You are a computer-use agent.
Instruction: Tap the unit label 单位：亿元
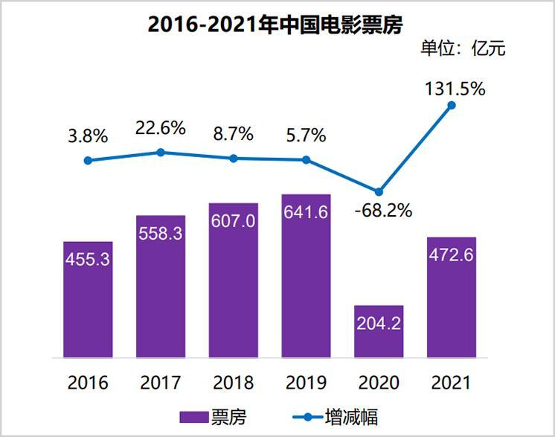tap(463, 49)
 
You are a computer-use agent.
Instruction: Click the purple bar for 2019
tap(306, 275)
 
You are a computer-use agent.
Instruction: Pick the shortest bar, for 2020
tap(379, 331)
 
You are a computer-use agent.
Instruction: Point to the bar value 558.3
tap(161, 233)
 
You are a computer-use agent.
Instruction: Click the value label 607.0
tap(234, 220)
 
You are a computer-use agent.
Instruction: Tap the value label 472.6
tap(452, 255)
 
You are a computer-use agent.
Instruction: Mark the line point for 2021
tap(452, 106)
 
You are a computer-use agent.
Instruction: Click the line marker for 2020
tap(379, 191)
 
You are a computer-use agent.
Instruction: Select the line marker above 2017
tap(161, 152)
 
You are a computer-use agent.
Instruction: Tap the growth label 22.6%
tap(161, 128)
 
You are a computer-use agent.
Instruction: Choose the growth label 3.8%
tap(88, 136)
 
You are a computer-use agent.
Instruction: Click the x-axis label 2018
tap(234, 383)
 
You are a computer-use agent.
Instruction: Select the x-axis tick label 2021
tap(452, 383)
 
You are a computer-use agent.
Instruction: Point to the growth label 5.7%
tap(306, 135)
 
